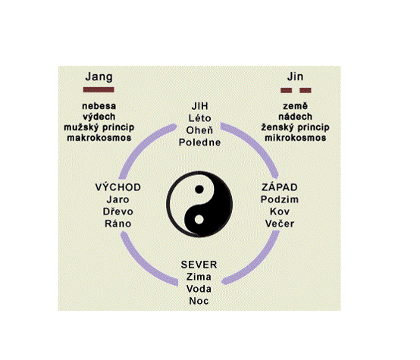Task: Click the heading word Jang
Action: click(x=99, y=77)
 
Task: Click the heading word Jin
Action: click(x=295, y=77)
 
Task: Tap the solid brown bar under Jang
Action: click(x=99, y=89)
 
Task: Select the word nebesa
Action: click(x=99, y=106)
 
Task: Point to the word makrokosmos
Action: click(x=99, y=138)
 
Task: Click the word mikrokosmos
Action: click(x=296, y=138)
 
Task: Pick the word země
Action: click(x=296, y=106)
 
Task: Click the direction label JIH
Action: click(x=200, y=106)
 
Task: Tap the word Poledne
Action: click(x=200, y=142)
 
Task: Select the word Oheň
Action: click(x=200, y=130)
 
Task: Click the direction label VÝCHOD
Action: click(x=118, y=187)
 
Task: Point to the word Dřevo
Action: click(x=118, y=211)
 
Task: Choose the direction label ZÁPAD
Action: click(x=280, y=187)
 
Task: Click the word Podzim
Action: click(x=280, y=199)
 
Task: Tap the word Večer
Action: click(x=280, y=224)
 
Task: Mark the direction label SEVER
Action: click(x=199, y=265)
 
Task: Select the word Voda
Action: click(x=199, y=289)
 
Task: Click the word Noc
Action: click(x=199, y=301)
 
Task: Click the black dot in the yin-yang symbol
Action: click(x=199, y=189)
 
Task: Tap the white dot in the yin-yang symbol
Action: click(x=199, y=219)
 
